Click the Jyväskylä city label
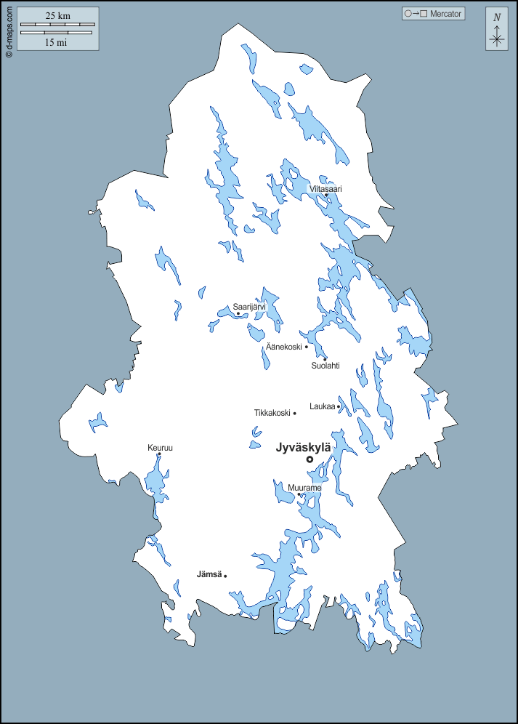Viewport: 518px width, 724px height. pyautogui.click(x=303, y=448)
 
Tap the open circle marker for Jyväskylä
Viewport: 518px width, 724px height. pyautogui.click(x=309, y=459)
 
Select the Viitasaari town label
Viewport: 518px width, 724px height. pyautogui.click(x=325, y=188)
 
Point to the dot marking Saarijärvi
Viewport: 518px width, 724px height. pyautogui.click(x=238, y=314)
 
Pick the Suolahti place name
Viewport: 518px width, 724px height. pyautogui.click(x=325, y=366)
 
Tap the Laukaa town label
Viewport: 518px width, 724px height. pyautogui.click(x=322, y=406)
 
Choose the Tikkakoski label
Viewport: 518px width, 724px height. pyautogui.click(x=272, y=413)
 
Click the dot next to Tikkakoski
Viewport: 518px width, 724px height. pyautogui.click(x=294, y=413)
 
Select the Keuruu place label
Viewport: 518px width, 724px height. pyautogui.click(x=160, y=448)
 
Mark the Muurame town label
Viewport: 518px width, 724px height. pyautogui.click(x=304, y=488)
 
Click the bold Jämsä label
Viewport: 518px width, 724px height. pyautogui.click(x=209, y=575)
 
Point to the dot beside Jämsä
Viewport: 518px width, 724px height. pyautogui.click(x=225, y=576)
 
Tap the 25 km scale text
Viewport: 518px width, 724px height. pyautogui.click(x=57, y=15)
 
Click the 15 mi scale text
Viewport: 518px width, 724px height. pyautogui.click(x=56, y=42)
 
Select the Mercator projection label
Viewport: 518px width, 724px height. pyautogui.click(x=446, y=14)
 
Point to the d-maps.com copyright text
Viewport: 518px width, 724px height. pyautogui.click(x=8, y=30)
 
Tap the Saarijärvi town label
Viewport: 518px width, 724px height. pyautogui.click(x=249, y=307)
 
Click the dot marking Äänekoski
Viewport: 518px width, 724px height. pyautogui.click(x=307, y=347)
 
